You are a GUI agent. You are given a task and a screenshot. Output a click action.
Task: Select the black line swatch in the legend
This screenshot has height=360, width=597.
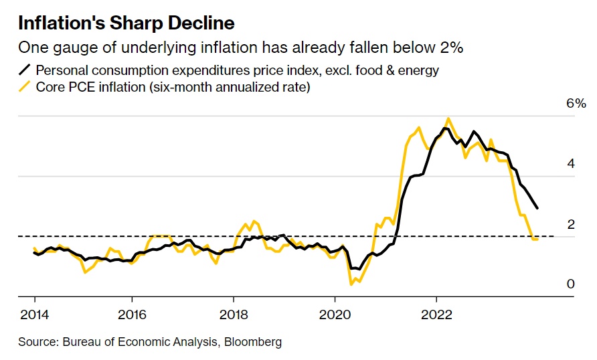coord(25,69)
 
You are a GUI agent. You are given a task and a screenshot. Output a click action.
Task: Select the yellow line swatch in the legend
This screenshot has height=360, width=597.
coord(25,87)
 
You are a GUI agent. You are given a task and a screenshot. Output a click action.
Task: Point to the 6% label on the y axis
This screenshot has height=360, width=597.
coord(576,104)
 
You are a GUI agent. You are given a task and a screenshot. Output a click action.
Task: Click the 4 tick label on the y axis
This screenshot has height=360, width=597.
coord(570,164)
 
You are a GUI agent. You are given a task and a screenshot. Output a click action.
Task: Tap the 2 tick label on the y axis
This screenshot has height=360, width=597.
coord(570,224)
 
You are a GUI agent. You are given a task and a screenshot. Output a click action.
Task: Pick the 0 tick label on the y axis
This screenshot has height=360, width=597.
coord(570,284)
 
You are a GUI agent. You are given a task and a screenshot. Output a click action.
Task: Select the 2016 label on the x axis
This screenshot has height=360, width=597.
coord(132,313)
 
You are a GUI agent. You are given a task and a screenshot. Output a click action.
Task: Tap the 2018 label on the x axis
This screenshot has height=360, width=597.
coord(234,313)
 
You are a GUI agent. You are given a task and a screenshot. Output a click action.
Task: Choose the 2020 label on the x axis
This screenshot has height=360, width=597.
coord(335,313)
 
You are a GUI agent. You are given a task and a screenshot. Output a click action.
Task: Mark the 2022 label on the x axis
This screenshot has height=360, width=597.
coord(436,313)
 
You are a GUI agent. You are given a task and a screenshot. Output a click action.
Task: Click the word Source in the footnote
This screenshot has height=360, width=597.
coord(37,342)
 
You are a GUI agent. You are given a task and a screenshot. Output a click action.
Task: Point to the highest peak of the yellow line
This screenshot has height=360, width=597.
coord(448,118)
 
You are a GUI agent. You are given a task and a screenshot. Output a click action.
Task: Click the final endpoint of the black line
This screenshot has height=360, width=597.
coord(537,208)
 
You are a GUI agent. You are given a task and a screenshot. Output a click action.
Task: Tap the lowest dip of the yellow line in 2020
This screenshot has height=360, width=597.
coord(351,284)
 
